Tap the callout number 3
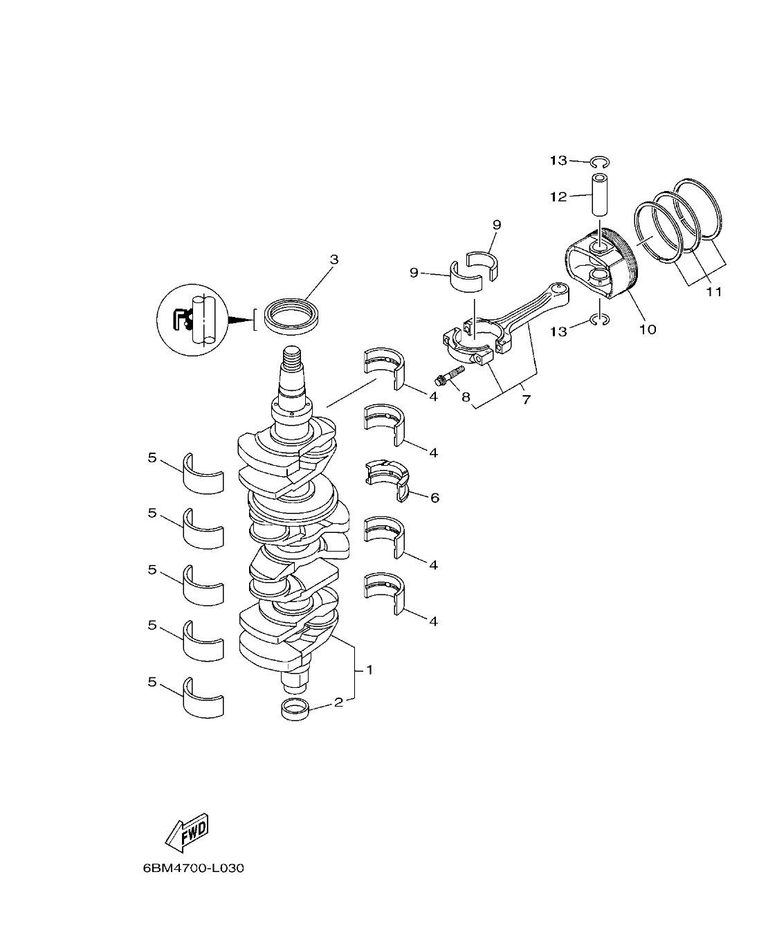pyautogui.click(x=334, y=260)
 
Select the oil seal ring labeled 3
pyautogui.click(x=293, y=314)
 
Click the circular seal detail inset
pyautogui.click(x=192, y=320)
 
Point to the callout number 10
pyautogui.click(x=647, y=329)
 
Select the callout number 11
pyautogui.click(x=713, y=292)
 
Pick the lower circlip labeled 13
pyautogui.click(x=599, y=319)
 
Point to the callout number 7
pyautogui.click(x=526, y=400)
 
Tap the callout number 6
pyautogui.click(x=435, y=498)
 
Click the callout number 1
pyautogui.click(x=369, y=670)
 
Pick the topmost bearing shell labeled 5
pyautogui.click(x=203, y=474)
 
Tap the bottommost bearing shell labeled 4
pyautogui.click(x=385, y=592)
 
